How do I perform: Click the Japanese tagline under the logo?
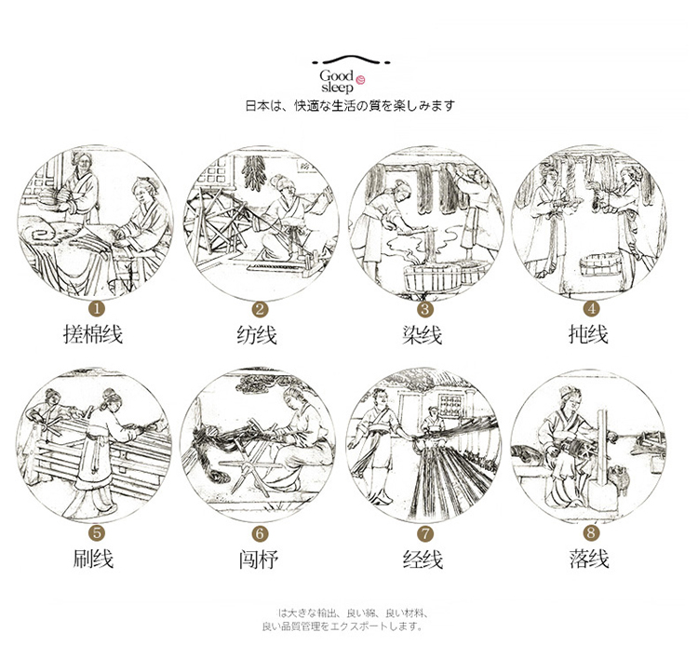click(x=349, y=105)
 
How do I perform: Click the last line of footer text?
click(x=349, y=626)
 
